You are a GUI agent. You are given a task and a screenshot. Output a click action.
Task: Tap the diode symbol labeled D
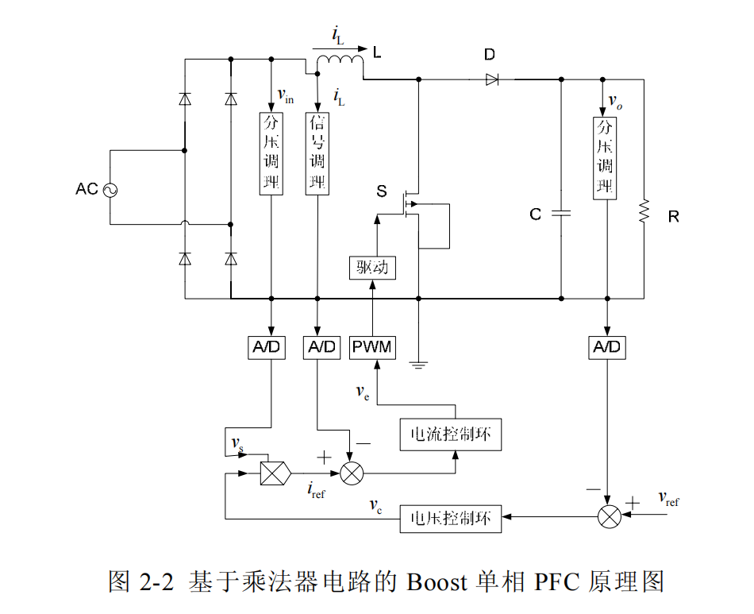click(x=491, y=79)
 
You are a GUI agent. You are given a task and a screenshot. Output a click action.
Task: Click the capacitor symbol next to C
click(x=560, y=214)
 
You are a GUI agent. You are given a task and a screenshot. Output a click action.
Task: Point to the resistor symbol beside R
click(x=644, y=211)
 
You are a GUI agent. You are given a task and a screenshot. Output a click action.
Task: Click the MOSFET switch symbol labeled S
click(x=411, y=204)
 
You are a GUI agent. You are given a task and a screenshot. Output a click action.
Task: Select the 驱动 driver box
click(x=372, y=268)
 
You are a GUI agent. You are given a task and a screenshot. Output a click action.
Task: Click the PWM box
click(x=372, y=347)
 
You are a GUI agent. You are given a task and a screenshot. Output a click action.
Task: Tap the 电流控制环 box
click(x=451, y=434)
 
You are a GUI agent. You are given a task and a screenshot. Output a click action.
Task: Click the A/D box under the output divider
click(x=606, y=347)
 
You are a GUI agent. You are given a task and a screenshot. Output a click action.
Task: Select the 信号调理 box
click(x=317, y=153)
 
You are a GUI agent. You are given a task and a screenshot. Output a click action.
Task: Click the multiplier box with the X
click(x=275, y=473)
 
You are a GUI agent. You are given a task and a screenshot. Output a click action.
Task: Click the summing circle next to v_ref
click(x=609, y=516)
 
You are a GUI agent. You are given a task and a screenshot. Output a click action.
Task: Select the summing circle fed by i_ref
click(x=351, y=473)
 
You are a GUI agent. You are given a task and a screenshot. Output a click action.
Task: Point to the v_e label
click(x=362, y=391)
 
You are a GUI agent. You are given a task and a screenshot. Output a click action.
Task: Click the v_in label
click(x=285, y=95)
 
